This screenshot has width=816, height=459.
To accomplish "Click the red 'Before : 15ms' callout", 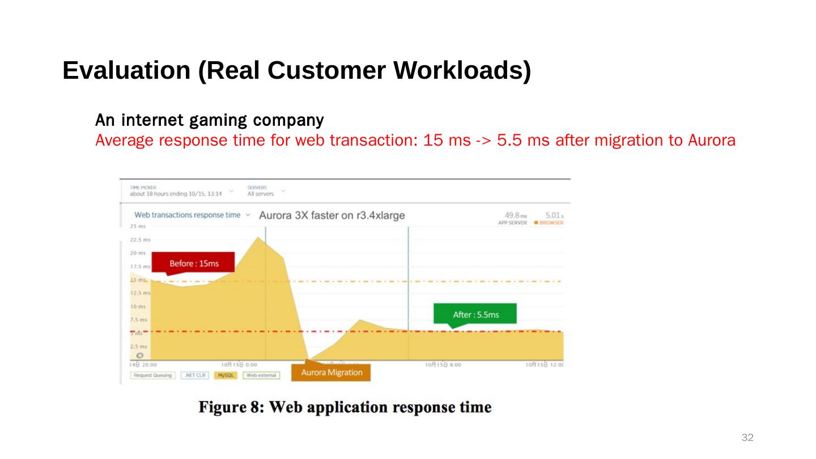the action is click(193, 263).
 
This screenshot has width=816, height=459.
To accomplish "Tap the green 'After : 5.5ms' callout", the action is click(475, 314).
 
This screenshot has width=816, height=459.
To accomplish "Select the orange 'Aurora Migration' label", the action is click(331, 372).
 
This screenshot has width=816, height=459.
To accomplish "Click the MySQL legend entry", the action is click(226, 375).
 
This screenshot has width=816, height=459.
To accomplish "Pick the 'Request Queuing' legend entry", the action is click(153, 375).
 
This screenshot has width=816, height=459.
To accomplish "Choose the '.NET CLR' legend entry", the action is click(195, 375).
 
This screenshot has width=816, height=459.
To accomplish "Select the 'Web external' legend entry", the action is click(261, 375).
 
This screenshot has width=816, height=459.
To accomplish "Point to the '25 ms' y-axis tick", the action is click(138, 226).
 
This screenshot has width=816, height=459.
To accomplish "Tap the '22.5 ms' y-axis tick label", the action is click(139, 240).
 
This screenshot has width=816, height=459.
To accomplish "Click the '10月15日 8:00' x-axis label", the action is click(443, 365).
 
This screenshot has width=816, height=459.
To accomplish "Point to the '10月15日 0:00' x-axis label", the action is click(239, 365).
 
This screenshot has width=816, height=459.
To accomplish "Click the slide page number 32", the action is click(747, 437).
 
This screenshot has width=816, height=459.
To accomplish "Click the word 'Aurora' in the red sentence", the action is click(711, 140).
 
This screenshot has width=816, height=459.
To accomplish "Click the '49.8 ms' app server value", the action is click(516, 215).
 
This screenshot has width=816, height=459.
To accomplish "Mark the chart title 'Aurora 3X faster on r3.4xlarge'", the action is click(331, 215).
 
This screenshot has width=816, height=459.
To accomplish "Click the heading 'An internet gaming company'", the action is click(209, 120).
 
